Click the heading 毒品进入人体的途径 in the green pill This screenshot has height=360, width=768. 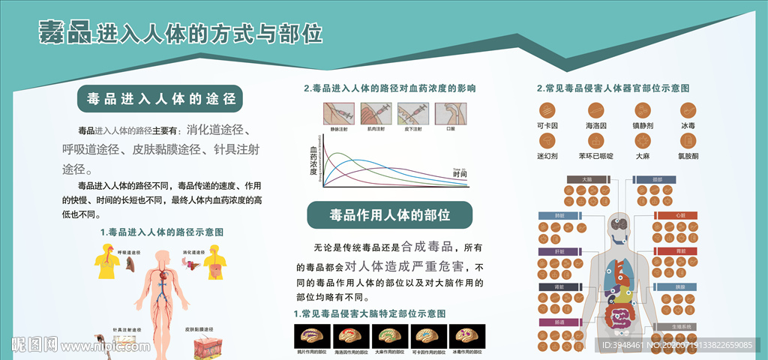(x=160, y=98)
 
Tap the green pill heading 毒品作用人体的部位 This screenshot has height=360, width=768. (x=389, y=215)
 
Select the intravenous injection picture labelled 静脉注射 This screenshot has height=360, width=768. (x=338, y=114)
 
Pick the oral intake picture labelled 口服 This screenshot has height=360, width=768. (x=450, y=114)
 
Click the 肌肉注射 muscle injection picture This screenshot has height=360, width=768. (x=376, y=114)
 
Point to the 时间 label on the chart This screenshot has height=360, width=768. (x=460, y=175)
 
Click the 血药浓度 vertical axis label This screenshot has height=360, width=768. (x=313, y=160)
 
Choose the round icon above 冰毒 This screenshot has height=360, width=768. (x=688, y=110)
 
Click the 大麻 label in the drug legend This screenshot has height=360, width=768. (x=642, y=156)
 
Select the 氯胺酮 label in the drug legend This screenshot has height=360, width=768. (x=688, y=156)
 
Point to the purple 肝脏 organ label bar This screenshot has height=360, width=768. (x=556, y=251)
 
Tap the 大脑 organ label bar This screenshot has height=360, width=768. (x=586, y=180)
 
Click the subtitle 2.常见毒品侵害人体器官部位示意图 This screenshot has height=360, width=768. (x=613, y=88)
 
